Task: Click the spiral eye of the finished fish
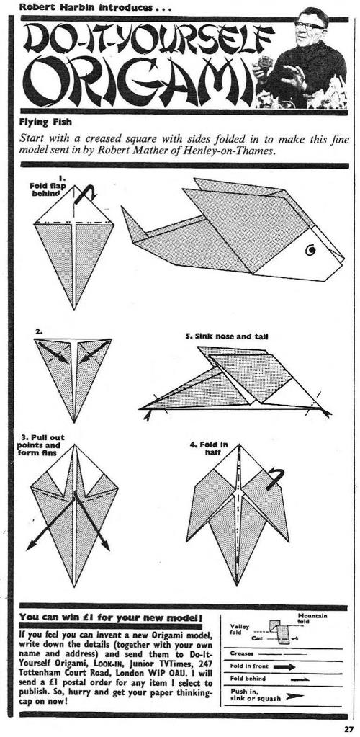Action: click(310, 251)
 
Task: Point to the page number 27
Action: click(348, 730)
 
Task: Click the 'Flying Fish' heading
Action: click(45, 122)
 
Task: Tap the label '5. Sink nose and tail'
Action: click(227, 336)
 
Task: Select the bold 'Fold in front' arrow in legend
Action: click(284, 666)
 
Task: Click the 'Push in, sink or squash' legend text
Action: click(254, 695)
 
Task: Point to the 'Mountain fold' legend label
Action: click(312, 618)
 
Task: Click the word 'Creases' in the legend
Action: click(242, 653)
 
